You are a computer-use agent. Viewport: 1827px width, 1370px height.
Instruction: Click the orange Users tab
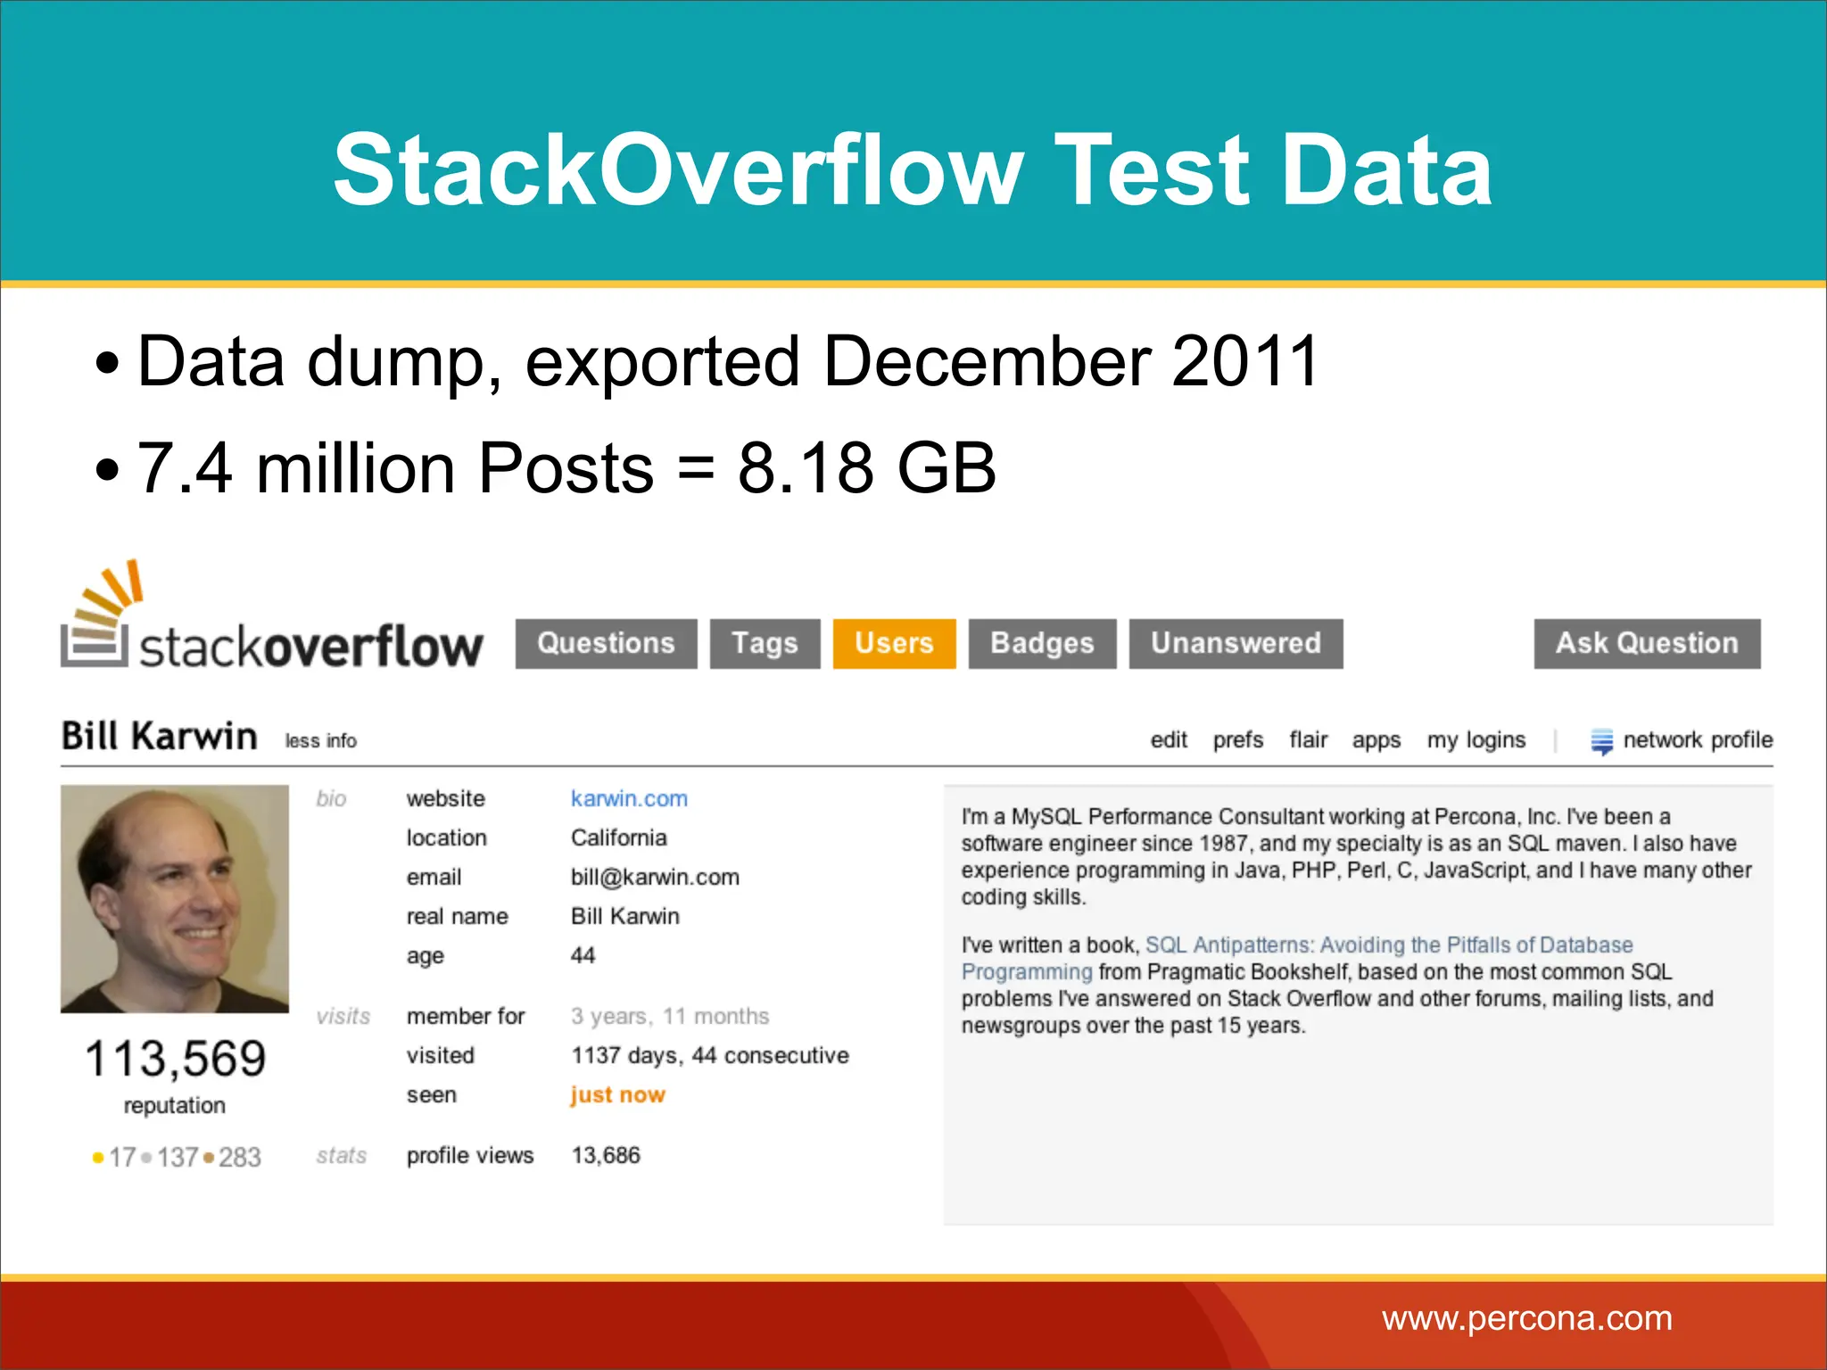(x=894, y=643)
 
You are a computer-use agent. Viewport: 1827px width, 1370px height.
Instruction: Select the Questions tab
(x=606, y=643)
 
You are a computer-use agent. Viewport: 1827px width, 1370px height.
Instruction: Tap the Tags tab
(x=765, y=643)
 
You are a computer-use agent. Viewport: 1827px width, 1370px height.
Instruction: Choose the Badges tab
(x=1042, y=643)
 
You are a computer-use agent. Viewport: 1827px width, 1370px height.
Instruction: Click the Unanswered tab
(x=1236, y=643)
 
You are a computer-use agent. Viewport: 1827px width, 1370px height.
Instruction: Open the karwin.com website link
(x=629, y=798)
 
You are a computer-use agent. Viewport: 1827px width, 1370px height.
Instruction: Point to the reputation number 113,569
(x=175, y=1059)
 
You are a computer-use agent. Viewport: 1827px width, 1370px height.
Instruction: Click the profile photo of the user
(x=175, y=898)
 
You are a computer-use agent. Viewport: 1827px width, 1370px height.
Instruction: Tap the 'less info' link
(x=320, y=741)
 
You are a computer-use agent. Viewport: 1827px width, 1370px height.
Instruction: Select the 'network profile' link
(x=1697, y=740)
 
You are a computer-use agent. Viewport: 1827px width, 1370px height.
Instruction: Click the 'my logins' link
(x=1476, y=740)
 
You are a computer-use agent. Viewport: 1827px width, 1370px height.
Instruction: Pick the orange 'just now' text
(x=617, y=1094)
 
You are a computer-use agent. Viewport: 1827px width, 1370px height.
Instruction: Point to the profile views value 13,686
(x=606, y=1155)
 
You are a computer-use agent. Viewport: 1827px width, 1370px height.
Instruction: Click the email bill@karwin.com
(x=655, y=877)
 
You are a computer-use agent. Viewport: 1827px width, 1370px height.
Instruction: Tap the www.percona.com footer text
(x=1526, y=1318)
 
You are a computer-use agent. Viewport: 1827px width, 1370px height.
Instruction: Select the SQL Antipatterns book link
(x=1388, y=945)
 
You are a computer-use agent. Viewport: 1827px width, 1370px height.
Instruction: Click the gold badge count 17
(x=121, y=1157)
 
